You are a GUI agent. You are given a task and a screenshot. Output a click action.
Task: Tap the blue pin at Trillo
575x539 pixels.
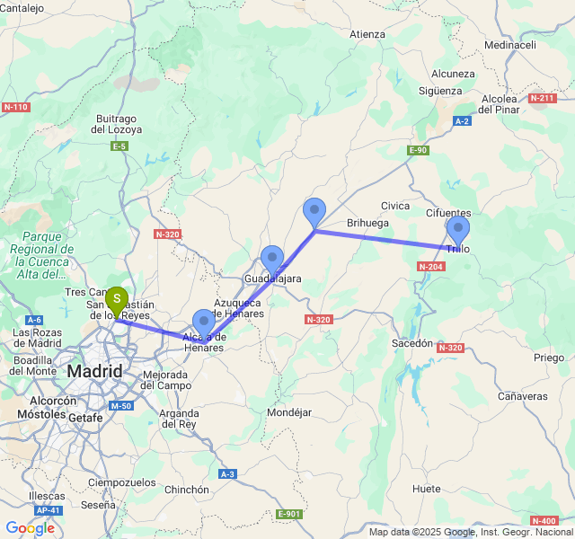[x=458, y=230]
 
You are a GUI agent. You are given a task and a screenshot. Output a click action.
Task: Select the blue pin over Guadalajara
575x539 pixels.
[x=271, y=259]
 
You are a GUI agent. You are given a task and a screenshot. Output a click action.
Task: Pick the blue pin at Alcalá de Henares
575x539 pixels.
[x=204, y=323]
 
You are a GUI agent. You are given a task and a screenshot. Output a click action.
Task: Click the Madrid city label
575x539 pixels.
[x=94, y=371]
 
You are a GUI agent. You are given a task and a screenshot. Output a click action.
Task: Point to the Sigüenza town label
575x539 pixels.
[x=442, y=91]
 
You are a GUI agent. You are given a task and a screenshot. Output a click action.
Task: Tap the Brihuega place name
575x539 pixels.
[x=368, y=223]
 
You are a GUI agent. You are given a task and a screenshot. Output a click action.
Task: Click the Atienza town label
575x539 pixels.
[x=367, y=35]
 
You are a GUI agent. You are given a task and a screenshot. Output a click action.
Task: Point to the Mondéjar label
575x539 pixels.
[x=288, y=412]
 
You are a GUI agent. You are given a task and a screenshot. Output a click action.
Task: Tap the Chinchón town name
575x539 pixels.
[x=187, y=490]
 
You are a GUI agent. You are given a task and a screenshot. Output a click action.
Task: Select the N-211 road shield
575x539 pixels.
[x=542, y=98]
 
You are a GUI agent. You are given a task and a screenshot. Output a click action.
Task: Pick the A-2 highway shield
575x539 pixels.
[x=463, y=120]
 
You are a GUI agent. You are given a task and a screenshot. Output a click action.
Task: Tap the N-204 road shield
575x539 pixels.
[x=430, y=267]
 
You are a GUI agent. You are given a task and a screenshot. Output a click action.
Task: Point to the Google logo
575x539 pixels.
[x=30, y=528]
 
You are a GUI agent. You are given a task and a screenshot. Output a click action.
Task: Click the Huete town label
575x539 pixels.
[x=428, y=489]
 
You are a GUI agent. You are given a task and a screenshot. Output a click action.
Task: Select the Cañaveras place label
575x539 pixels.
[x=523, y=396]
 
